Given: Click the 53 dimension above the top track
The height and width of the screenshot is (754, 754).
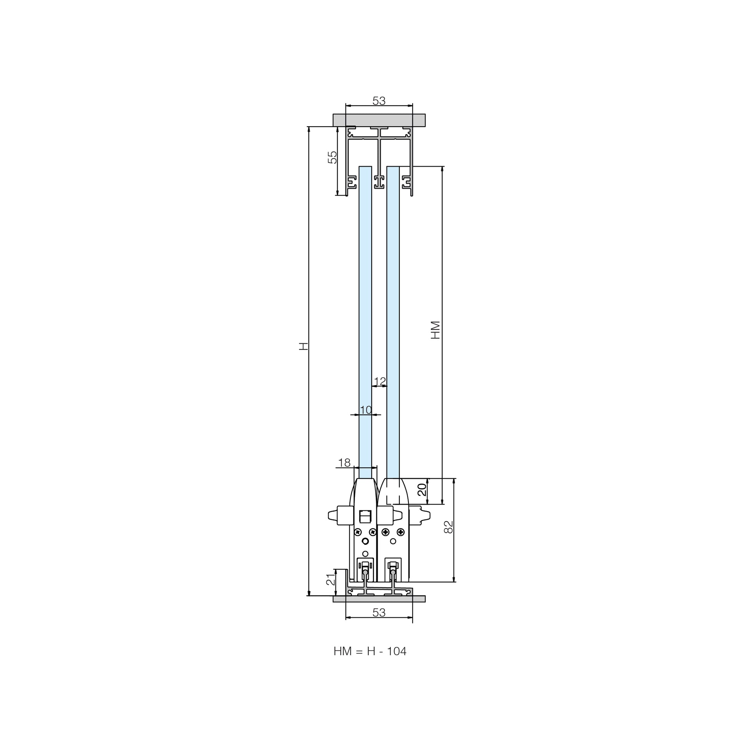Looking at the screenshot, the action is point(379,101).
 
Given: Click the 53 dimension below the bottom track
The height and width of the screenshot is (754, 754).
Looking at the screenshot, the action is point(379,613).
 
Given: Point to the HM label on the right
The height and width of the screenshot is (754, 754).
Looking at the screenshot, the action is point(435,330).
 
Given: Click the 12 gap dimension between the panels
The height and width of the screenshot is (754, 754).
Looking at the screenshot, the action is point(380,381).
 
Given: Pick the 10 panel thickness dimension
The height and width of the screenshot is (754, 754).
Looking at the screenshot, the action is point(366,410).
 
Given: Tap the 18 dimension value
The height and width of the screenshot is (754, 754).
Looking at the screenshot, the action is point(344,463).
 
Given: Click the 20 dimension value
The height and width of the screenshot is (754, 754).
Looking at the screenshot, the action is point(422,490).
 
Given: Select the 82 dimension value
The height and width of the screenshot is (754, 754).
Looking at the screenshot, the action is point(449,527).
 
